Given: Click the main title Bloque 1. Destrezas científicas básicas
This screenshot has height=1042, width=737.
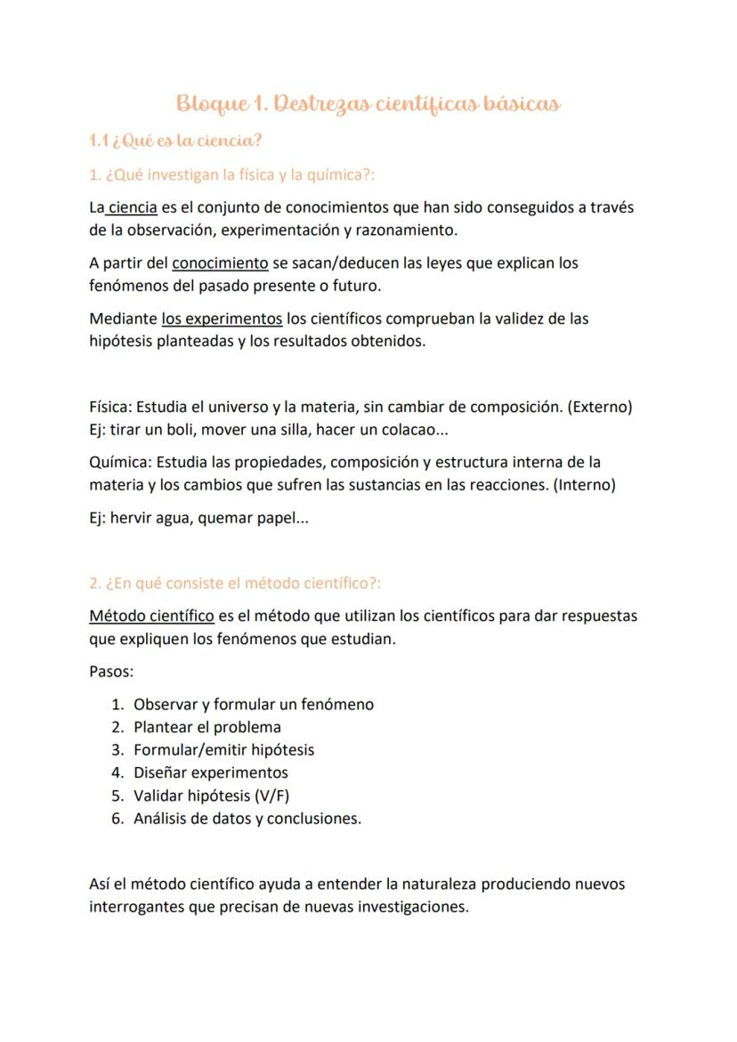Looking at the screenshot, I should point(368,104).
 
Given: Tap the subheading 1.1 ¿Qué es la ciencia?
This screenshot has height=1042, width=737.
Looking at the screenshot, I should point(175,141).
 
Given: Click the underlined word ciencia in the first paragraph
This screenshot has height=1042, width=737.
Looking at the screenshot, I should point(133,207).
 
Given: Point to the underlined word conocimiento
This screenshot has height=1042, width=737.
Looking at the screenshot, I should point(220,263).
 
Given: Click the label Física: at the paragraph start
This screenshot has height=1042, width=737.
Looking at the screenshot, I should point(110,408).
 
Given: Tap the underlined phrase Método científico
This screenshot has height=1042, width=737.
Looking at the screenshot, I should point(151,616).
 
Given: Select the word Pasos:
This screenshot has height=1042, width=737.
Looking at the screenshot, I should point(111,671).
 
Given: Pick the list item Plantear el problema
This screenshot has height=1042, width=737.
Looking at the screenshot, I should point(207,727).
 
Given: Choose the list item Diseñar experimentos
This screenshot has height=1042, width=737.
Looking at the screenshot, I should point(211,772).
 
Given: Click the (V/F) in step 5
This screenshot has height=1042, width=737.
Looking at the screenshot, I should point(271,796).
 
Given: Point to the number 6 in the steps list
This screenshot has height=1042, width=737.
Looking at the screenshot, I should point(117,819).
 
